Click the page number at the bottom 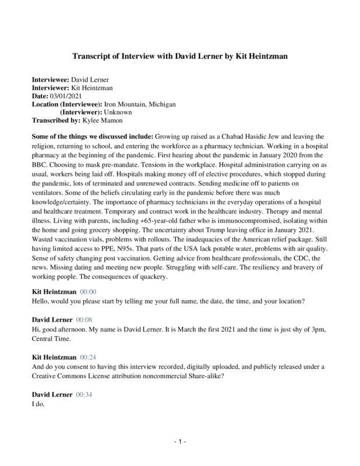click(x=179, y=443)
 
